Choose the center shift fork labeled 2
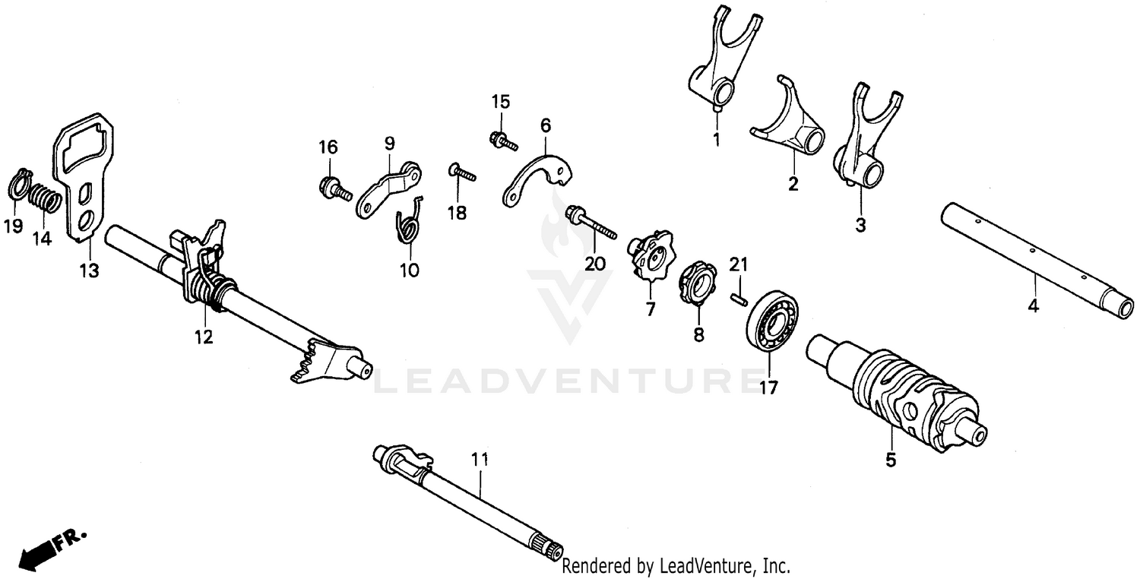pos(792,125)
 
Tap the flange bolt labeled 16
pos(334,187)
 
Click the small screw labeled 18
pos(462,172)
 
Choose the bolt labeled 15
pos(501,140)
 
